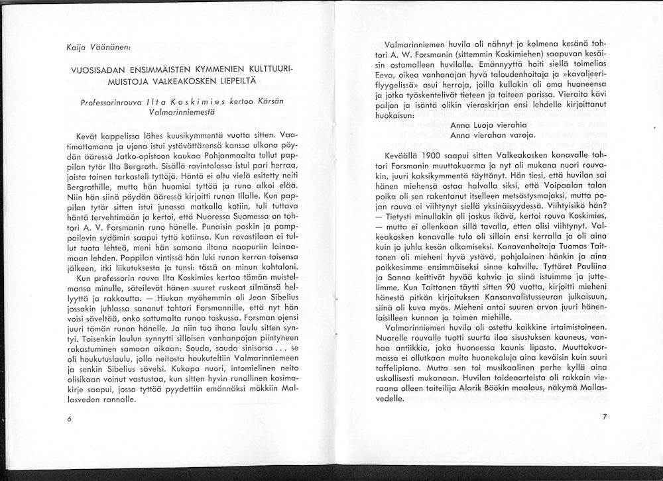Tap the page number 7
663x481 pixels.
pyautogui.click(x=604, y=417)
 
